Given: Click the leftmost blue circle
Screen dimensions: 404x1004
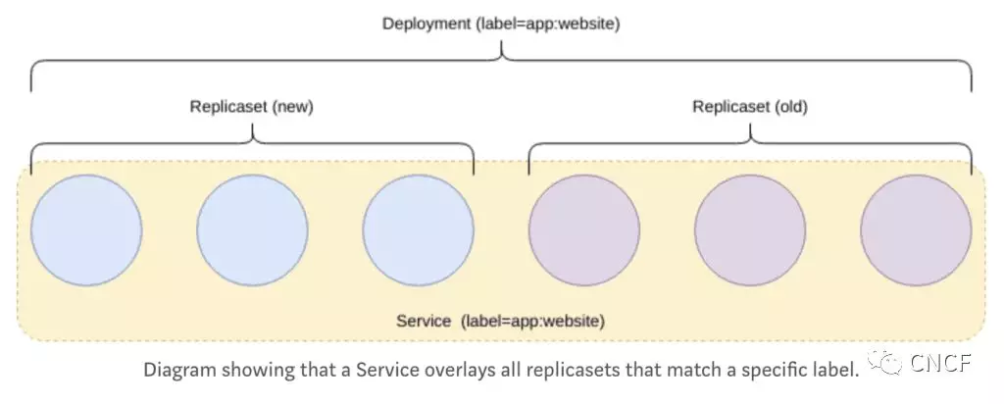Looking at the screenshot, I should pos(85,230).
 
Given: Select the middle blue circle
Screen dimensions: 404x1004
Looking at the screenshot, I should pos(252,230).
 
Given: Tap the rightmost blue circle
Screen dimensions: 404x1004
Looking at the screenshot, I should pos(418,230).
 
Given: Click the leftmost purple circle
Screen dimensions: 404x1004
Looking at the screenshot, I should pos(584,230).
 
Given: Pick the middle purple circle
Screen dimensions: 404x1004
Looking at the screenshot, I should pos(750,230).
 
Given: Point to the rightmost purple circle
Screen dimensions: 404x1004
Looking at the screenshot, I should pos(916,230).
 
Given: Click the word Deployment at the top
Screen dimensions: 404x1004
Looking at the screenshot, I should pos(427,23).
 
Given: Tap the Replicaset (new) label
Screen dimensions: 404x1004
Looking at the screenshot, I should pos(251,107).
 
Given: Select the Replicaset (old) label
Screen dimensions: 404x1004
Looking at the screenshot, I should pos(750,107).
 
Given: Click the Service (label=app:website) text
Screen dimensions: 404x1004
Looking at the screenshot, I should pos(501,321).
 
